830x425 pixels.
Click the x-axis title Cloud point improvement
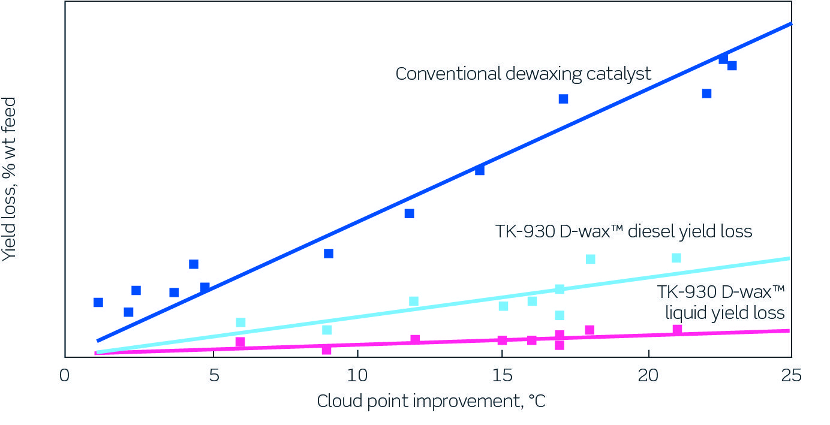[x=431, y=401]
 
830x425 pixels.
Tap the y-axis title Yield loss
[x=10, y=179]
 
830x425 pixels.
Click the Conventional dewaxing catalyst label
[x=523, y=74]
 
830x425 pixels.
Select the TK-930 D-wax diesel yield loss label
[x=624, y=231]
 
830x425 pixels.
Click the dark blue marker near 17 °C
[x=563, y=99]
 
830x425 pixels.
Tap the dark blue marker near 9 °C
[x=329, y=254]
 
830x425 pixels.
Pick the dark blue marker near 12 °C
[x=410, y=213]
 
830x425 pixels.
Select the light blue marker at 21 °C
[x=676, y=258]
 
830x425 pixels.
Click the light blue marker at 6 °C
[x=240, y=322]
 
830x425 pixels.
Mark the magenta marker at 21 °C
[x=677, y=330]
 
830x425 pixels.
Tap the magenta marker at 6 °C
[x=240, y=342]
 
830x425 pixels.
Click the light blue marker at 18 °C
[x=590, y=259]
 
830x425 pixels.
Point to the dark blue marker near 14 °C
[x=480, y=170]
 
